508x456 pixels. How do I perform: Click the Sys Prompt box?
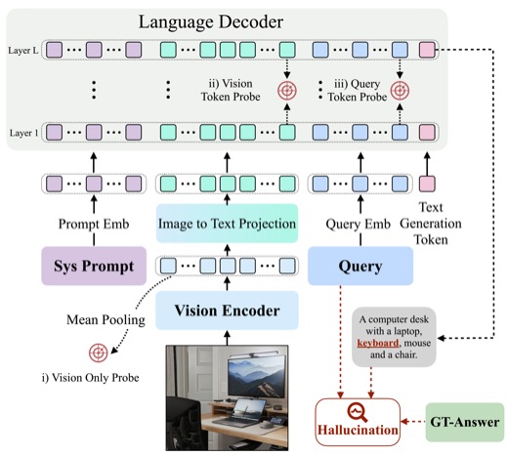pos(94,266)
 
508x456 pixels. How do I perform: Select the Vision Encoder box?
pos(227,311)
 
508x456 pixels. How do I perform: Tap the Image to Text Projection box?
pos(227,224)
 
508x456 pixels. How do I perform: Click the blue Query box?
pos(360,266)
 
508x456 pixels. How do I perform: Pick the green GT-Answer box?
pos(465,422)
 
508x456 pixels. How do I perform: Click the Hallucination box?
pos(358,422)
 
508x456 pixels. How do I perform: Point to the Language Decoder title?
pos(211,21)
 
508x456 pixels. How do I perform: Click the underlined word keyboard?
pos(378,343)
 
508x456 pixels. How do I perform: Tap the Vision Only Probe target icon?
pos(99,352)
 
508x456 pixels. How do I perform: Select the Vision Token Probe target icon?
pos(287,91)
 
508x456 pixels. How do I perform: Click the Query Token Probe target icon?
pos(400,91)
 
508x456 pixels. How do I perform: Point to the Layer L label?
pos(23,51)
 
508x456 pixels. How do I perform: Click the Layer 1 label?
pos(23,133)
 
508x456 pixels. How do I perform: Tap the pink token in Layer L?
pos(427,50)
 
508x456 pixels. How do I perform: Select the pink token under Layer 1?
pos(427,184)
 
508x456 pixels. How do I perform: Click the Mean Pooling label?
pos(106,319)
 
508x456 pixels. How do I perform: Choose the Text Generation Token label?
pos(431,224)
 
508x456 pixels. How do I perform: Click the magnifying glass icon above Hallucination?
pos(358,412)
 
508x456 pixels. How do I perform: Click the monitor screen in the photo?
pos(256,377)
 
